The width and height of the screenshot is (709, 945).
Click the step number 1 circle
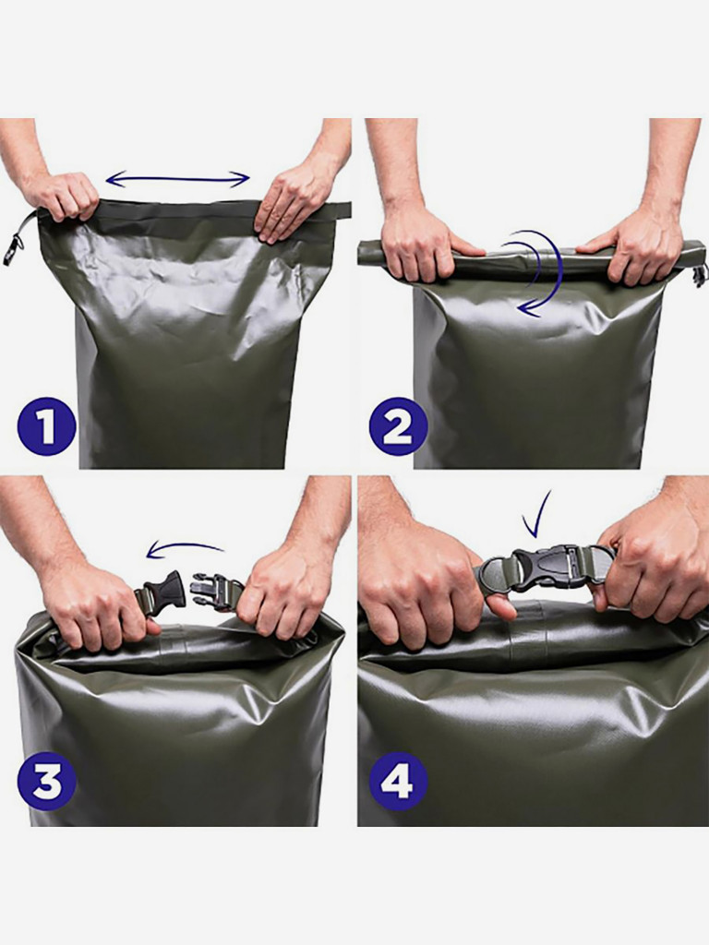(46, 425)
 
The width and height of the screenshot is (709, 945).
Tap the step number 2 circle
(397, 425)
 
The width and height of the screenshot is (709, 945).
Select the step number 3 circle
(46, 783)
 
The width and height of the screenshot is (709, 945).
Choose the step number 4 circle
(397, 783)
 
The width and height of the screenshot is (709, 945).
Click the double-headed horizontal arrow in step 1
(177, 178)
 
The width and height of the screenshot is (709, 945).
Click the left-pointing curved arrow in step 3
(184, 546)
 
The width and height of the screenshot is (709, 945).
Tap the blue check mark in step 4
(538, 514)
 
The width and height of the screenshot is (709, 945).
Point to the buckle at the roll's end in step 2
(700, 274)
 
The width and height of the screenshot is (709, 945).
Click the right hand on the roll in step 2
(633, 247)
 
